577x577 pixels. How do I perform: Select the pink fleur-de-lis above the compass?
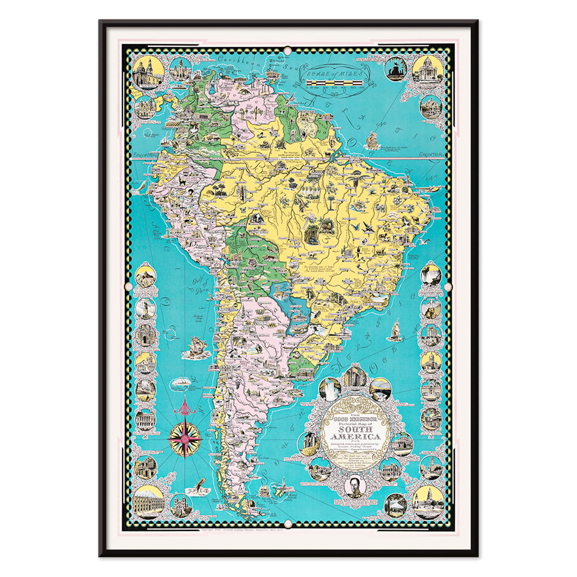click(x=185, y=407)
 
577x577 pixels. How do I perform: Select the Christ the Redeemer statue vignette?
click(x=145, y=307)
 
